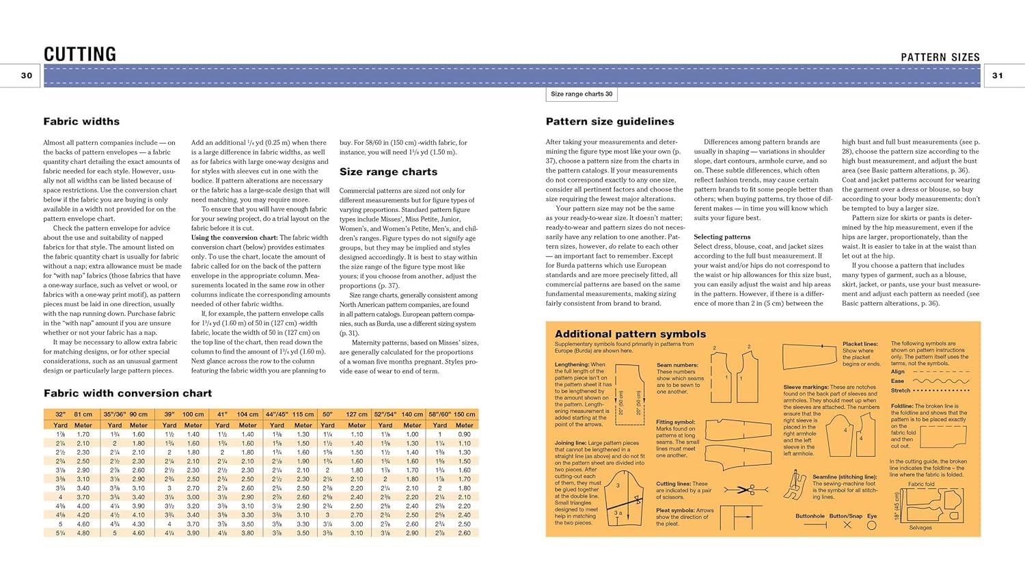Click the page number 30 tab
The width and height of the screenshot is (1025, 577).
[27, 76]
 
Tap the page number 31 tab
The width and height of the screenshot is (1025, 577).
[998, 76]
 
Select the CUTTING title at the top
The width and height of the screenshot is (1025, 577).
[80, 54]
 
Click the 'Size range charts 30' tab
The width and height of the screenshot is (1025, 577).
[582, 94]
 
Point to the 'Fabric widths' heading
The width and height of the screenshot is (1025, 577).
[81, 122]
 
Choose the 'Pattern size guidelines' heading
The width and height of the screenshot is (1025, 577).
[610, 122]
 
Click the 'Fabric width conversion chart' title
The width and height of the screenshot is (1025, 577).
[128, 393]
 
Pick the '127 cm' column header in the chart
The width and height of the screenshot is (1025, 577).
[357, 414]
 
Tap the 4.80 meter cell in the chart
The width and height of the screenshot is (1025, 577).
[83, 533]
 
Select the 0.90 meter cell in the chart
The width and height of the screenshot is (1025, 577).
[465, 434]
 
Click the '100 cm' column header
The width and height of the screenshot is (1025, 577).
[193, 414]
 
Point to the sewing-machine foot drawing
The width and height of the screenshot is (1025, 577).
[795, 484]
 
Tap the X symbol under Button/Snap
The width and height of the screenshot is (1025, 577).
[847, 525]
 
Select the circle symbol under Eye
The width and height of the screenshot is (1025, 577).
[872, 525]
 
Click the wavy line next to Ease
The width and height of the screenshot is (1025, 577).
[941, 381]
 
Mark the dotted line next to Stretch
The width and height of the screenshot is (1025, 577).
[941, 390]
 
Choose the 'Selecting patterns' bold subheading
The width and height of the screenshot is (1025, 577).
[722, 237]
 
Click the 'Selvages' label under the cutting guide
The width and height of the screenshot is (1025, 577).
[920, 528]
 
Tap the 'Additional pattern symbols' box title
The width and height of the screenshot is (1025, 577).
[630, 334]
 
